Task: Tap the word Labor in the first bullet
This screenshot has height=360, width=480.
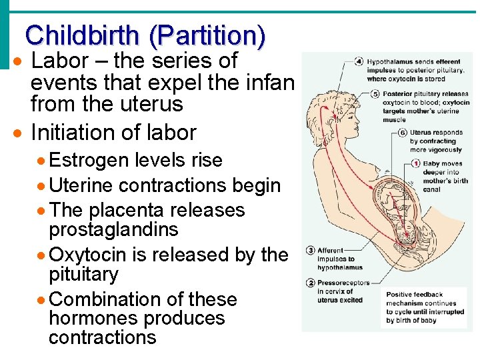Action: [x=60, y=61]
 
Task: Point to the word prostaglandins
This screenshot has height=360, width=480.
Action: [x=113, y=230]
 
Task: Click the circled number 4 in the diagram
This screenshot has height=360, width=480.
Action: [x=359, y=62]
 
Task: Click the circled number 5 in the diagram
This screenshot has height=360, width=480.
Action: [x=375, y=94]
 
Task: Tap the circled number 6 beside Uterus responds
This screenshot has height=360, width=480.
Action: [x=402, y=133]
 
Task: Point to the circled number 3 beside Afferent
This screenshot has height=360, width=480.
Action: [x=311, y=251]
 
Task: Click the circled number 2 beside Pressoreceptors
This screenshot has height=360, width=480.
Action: [x=311, y=283]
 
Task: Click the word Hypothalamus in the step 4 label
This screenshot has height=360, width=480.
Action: [x=389, y=62]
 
